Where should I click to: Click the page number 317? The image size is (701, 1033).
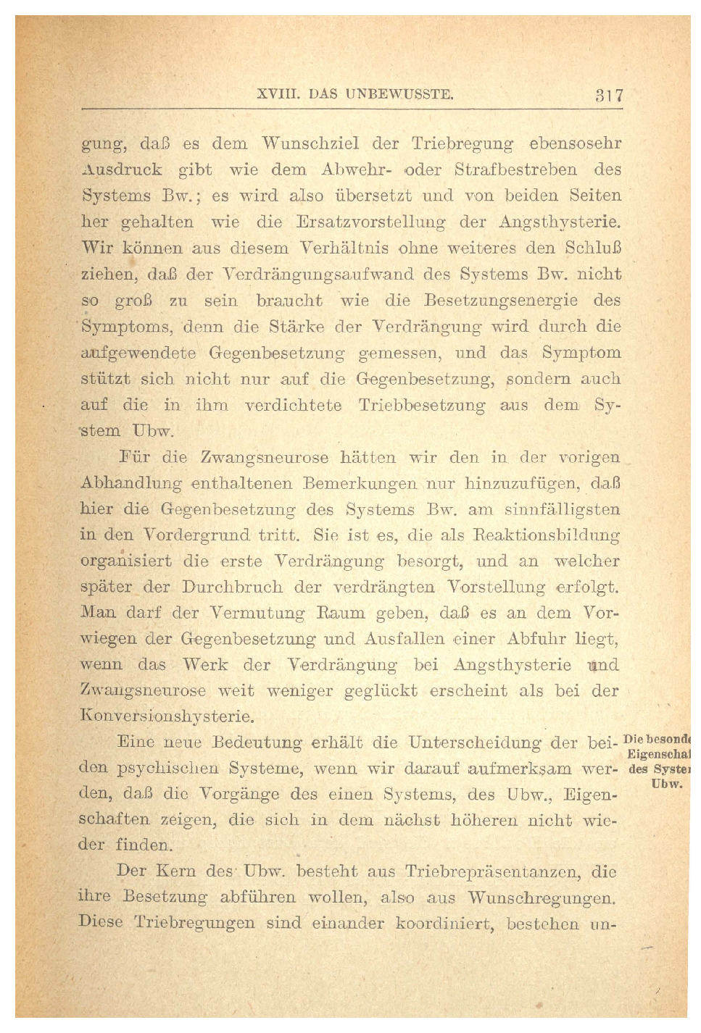coord(609,95)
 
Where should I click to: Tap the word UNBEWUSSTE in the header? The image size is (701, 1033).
coord(399,94)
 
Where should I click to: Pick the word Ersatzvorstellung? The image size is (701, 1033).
coord(370,222)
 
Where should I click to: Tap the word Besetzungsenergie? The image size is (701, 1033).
coord(501,301)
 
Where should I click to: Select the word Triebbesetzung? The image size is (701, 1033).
coord(421,406)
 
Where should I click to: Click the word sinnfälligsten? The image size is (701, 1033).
coord(562,509)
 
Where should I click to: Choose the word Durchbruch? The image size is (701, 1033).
coord(232,587)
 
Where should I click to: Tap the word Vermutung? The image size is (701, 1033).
coord(257,613)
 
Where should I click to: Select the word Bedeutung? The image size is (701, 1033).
coord(257,743)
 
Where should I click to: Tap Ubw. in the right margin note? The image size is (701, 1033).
coord(666,784)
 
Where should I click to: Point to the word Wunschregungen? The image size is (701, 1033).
coord(541,898)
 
